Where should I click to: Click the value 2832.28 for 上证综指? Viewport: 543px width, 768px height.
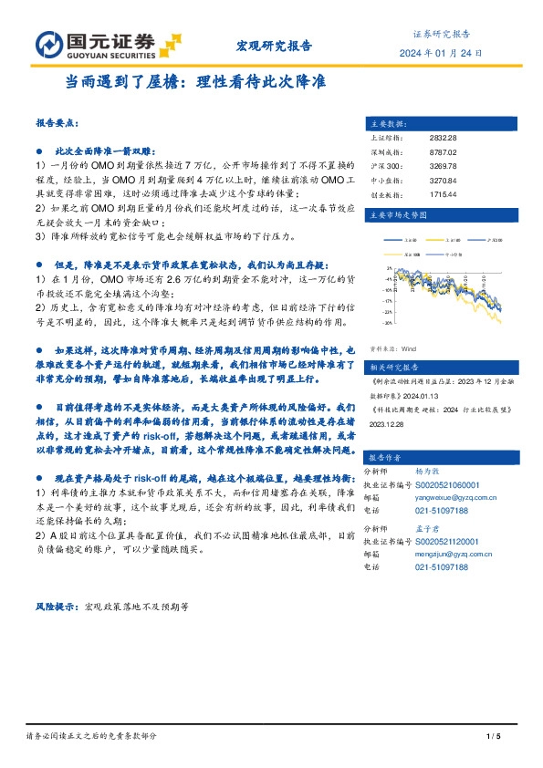tap(442, 138)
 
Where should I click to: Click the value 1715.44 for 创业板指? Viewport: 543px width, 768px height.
tap(442, 194)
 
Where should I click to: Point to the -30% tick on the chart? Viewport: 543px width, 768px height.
tap(388, 322)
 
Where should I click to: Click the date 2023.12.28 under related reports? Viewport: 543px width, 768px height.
tap(388, 423)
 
